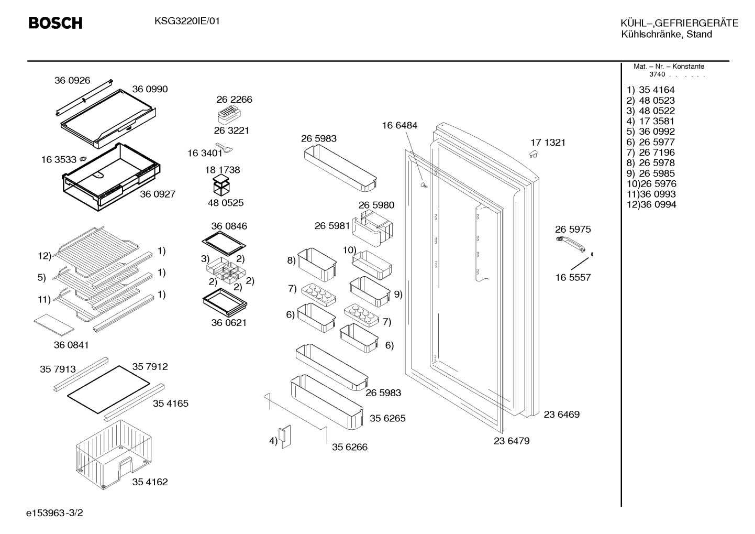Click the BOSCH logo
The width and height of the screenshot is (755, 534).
coord(55,23)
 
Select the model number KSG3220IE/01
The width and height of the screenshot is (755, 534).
coord(187,21)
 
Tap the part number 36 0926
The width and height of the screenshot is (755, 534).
coord(72,80)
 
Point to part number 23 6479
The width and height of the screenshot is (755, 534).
coord(512,441)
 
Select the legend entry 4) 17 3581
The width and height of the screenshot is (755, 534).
coord(650,121)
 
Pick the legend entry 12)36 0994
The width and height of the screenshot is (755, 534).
coord(651,204)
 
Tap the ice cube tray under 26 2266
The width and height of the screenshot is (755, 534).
coord(229,115)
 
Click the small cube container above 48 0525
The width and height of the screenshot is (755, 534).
coord(221,185)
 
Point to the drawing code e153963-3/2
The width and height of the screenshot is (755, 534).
coord(54,513)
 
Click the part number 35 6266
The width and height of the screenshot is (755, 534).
coord(350,447)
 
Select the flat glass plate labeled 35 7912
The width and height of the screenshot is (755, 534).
coord(108,389)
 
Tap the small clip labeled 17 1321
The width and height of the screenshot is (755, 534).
coord(533,154)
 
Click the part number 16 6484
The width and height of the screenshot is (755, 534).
coord(399,125)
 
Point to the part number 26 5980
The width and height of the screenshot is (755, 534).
coord(376,205)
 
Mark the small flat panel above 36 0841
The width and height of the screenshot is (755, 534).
coord(54,325)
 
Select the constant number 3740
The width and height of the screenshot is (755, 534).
coord(657,74)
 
